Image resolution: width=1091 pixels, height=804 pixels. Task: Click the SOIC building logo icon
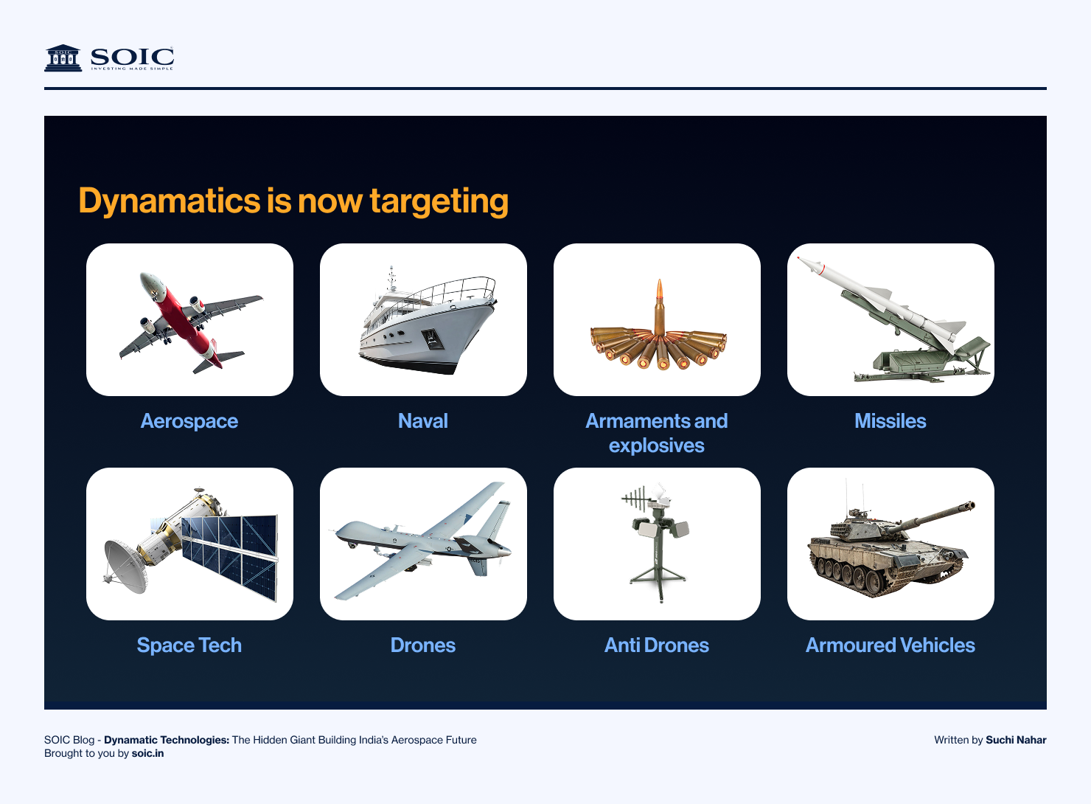tap(63, 58)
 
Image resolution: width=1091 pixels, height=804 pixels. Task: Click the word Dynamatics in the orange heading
tap(170, 201)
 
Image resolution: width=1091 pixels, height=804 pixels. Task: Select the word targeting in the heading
tap(439, 201)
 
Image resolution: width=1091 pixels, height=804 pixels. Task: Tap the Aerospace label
tap(189, 421)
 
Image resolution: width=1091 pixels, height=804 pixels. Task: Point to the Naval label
tap(423, 421)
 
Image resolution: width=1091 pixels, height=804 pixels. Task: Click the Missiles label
tap(890, 421)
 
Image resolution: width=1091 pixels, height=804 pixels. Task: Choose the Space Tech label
tap(189, 645)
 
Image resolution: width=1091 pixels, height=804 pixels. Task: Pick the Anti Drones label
tap(657, 645)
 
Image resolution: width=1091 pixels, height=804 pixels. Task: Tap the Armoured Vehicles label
tap(890, 645)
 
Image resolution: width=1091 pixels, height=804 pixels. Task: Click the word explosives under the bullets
tap(657, 446)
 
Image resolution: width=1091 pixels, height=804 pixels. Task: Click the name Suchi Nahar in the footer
tap(1016, 740)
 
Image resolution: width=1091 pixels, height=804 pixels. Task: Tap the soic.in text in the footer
tap(147, 753)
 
